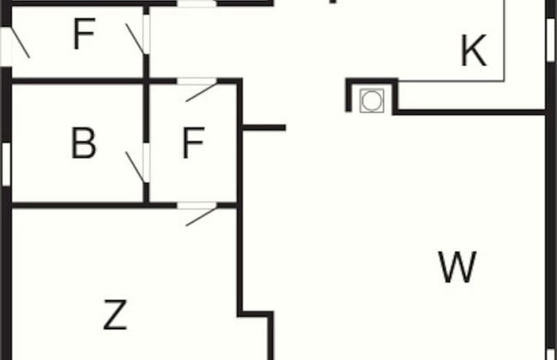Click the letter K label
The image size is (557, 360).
473,51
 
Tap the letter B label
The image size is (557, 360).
83,144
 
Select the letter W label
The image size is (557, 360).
457,267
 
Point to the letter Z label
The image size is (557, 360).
115,315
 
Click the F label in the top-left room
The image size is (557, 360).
82,35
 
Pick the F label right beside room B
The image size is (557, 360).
192,144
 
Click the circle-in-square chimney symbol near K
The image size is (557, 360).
371,100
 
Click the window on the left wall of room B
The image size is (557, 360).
6,163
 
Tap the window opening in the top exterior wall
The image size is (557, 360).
197,3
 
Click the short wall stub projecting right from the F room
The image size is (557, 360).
264,128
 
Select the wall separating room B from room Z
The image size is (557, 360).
77,205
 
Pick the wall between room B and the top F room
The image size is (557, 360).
77,81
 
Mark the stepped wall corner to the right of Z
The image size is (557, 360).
255,315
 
